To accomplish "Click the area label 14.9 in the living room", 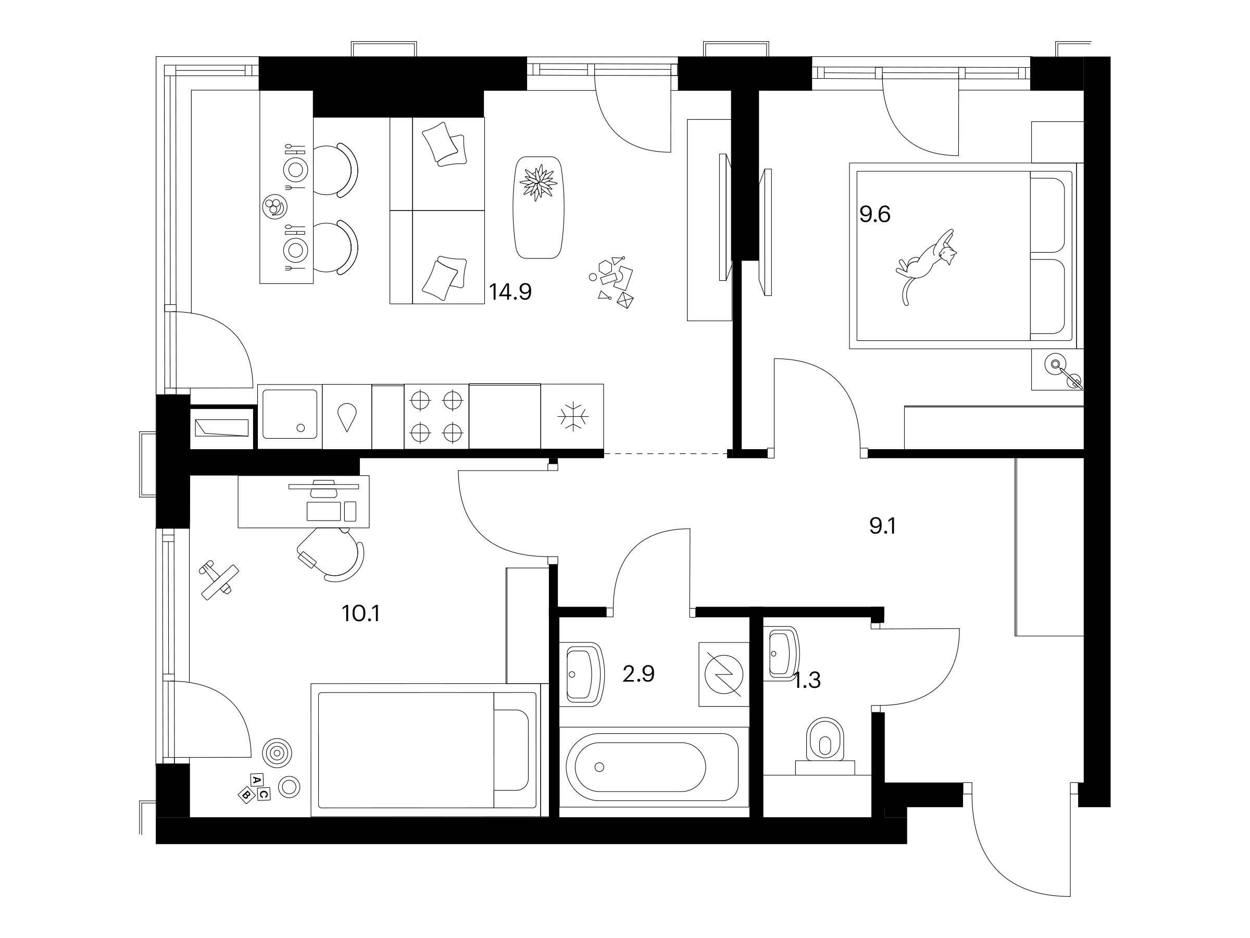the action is pos(510,292).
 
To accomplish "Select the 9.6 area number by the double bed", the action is pos(875,214).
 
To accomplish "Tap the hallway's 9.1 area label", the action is pos(883,526).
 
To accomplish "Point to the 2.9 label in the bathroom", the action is pos(639,674).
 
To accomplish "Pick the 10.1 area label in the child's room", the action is pos(360,613).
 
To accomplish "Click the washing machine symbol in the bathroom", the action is pos(724,674).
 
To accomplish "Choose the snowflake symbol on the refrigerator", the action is pos(573,417).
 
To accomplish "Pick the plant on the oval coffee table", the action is pos(539,182).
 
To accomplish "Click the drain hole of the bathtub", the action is pos(599,767).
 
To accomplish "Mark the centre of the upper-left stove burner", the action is pos(420,400).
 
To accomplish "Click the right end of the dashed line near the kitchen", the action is pos(727,453).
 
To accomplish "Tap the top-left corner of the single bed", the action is pos(311,684).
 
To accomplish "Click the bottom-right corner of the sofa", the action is pos(485,304).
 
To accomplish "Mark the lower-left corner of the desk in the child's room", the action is pos(239,528).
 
